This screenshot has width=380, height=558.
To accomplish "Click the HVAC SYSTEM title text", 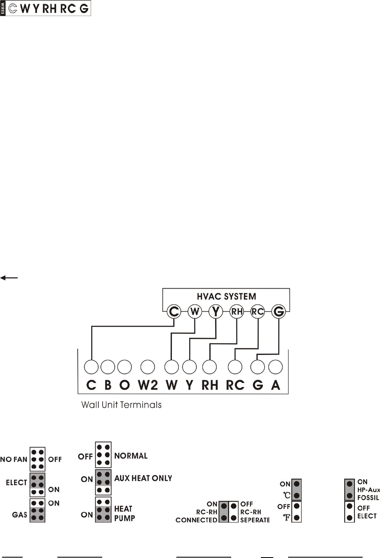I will (226, 297).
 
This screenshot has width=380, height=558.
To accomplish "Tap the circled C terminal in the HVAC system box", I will (174, 312).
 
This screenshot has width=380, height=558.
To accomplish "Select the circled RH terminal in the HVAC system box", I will (237, 312).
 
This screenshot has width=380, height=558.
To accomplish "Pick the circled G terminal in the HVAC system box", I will (279, 312).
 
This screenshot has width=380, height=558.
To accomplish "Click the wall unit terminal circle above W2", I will (148, 367).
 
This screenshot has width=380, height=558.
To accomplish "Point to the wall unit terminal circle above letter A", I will (275, 367).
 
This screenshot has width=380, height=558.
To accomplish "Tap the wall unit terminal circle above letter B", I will (108, 367).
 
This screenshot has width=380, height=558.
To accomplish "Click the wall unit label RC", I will (235, 385).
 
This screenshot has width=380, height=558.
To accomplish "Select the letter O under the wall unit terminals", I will (124, 385).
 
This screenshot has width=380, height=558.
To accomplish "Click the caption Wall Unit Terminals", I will (121, 405).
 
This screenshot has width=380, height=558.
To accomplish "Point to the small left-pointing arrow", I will (9, 278).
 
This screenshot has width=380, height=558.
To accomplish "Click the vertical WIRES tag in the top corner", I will (3, 8).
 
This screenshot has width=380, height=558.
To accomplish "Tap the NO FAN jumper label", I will (14, 459).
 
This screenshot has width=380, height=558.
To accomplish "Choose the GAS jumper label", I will (19, 515).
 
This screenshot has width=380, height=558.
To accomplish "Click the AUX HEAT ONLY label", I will (143, 479).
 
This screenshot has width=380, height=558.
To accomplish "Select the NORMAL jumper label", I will (131, 456).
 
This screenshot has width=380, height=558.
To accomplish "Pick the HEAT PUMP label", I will (124, 513).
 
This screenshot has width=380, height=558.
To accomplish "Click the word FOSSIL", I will (368, 498).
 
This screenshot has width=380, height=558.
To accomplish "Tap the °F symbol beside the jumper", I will (286, 518).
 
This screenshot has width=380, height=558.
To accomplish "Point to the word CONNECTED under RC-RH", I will (196, 520).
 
